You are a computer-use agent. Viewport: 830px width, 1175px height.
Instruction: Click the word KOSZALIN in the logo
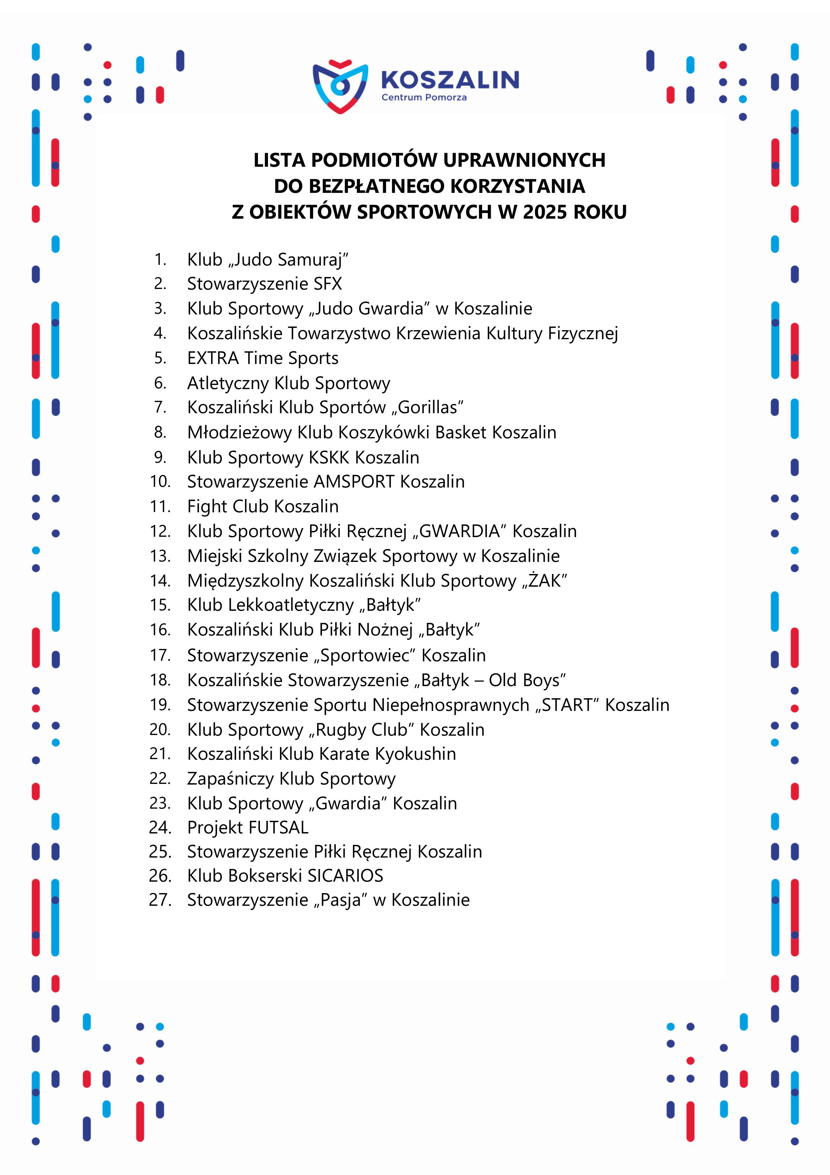450,80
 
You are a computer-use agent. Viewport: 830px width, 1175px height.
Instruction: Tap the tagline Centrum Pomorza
424,97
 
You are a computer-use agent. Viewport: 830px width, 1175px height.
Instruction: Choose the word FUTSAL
278,827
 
